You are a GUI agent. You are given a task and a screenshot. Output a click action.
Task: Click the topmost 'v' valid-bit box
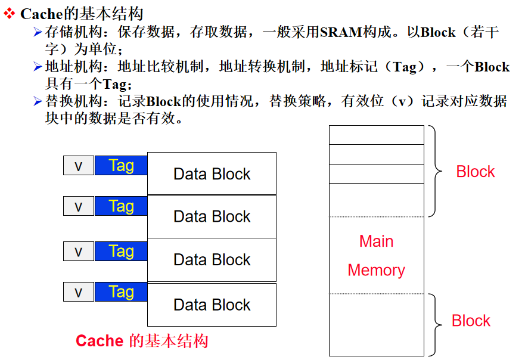click(78, 165)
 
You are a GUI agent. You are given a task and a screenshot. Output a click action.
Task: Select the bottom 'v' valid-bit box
click(78, 292)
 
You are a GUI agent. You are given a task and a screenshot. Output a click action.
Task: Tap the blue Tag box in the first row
click(121, 165)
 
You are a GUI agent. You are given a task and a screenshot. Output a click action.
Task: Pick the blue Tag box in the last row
click(121, 292)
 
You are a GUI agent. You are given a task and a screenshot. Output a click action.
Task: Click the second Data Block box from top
click(212, 216)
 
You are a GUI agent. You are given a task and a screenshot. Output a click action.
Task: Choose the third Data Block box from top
click(212, 260)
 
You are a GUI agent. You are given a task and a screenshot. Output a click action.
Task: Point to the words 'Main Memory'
click(376, 256)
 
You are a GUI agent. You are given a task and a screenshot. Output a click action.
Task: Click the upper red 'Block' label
click(475, 172)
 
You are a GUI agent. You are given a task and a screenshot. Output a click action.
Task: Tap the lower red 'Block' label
click(471, 321)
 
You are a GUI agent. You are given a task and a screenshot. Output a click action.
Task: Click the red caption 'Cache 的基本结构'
click(142, 341)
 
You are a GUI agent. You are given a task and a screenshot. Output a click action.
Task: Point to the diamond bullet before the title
click(9, 13)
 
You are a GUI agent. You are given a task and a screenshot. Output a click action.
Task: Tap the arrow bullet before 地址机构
click(38, 66)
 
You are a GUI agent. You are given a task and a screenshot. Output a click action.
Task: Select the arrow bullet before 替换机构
click(38, 101)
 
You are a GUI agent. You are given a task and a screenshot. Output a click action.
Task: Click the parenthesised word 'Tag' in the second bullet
click(405, 67)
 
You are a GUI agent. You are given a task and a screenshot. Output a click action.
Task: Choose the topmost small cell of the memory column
click(376, 135)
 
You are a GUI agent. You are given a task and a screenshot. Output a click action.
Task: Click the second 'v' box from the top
click(78, 206)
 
